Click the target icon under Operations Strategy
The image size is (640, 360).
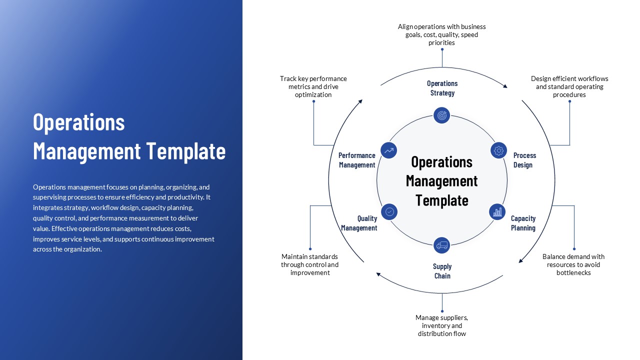[x=441, y=115]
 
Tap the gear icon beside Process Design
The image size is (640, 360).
[x=498, y=150]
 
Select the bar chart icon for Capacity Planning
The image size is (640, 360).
[x=497, y=212]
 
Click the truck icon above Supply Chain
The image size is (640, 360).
[x=441, y=245]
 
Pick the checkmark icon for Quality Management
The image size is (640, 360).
[x=389, y=212]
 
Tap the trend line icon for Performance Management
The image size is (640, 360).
[x=388, y=150]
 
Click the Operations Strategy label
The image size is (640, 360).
[x=442, y=88]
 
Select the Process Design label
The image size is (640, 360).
[x=524, y=160]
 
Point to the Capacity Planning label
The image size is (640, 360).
[x=523, y=223]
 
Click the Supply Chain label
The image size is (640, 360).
[x=442, y=271]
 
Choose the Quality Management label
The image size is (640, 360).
[x=359, y=223]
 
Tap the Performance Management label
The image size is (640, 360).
[x=356, y=160]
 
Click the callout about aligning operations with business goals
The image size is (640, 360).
[x=441, y=34]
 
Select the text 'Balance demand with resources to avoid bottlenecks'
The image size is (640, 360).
[x=573, y=264]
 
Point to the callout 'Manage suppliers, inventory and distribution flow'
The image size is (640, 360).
[x=441, y=325]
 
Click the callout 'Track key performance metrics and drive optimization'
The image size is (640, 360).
[x=313, y=86]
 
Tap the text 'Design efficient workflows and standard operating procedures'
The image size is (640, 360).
[x=569, y=86]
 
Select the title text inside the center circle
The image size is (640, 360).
[x=441, y=181]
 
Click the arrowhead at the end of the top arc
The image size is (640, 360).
[x=505, y=86]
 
